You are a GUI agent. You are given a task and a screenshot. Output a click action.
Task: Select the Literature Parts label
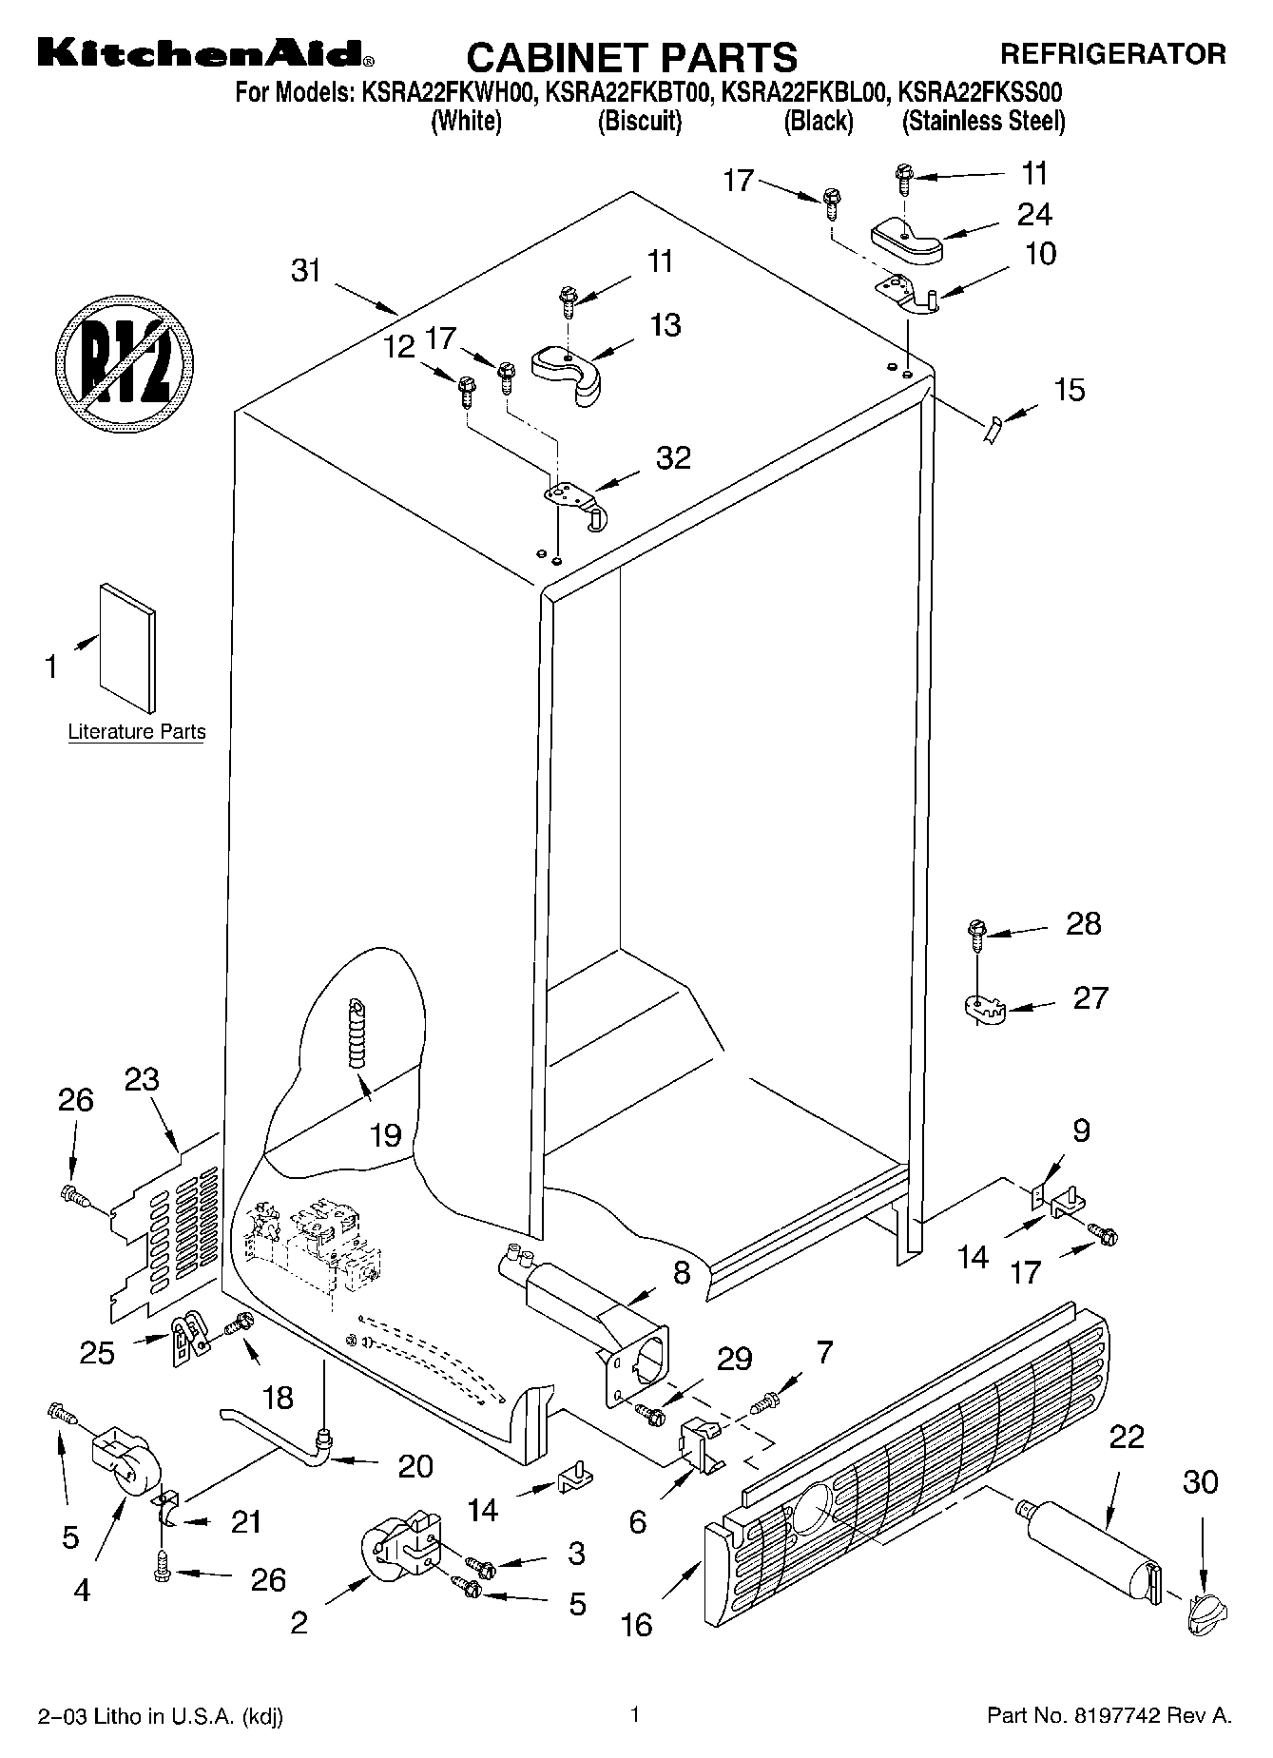(137, 732)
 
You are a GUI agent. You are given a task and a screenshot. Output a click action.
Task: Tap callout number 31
(305, 271)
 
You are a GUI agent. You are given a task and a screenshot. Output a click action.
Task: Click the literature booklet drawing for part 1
(127, 647)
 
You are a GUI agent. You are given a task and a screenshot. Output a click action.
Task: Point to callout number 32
(673, 458)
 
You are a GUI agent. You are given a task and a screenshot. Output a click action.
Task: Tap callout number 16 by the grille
(636, 1625)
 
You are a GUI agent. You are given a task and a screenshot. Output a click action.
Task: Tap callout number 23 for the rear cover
(142, 1079)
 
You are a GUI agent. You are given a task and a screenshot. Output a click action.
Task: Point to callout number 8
(682, 1273)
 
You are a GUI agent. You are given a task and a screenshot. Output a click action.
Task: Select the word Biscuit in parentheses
(639, 122)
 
